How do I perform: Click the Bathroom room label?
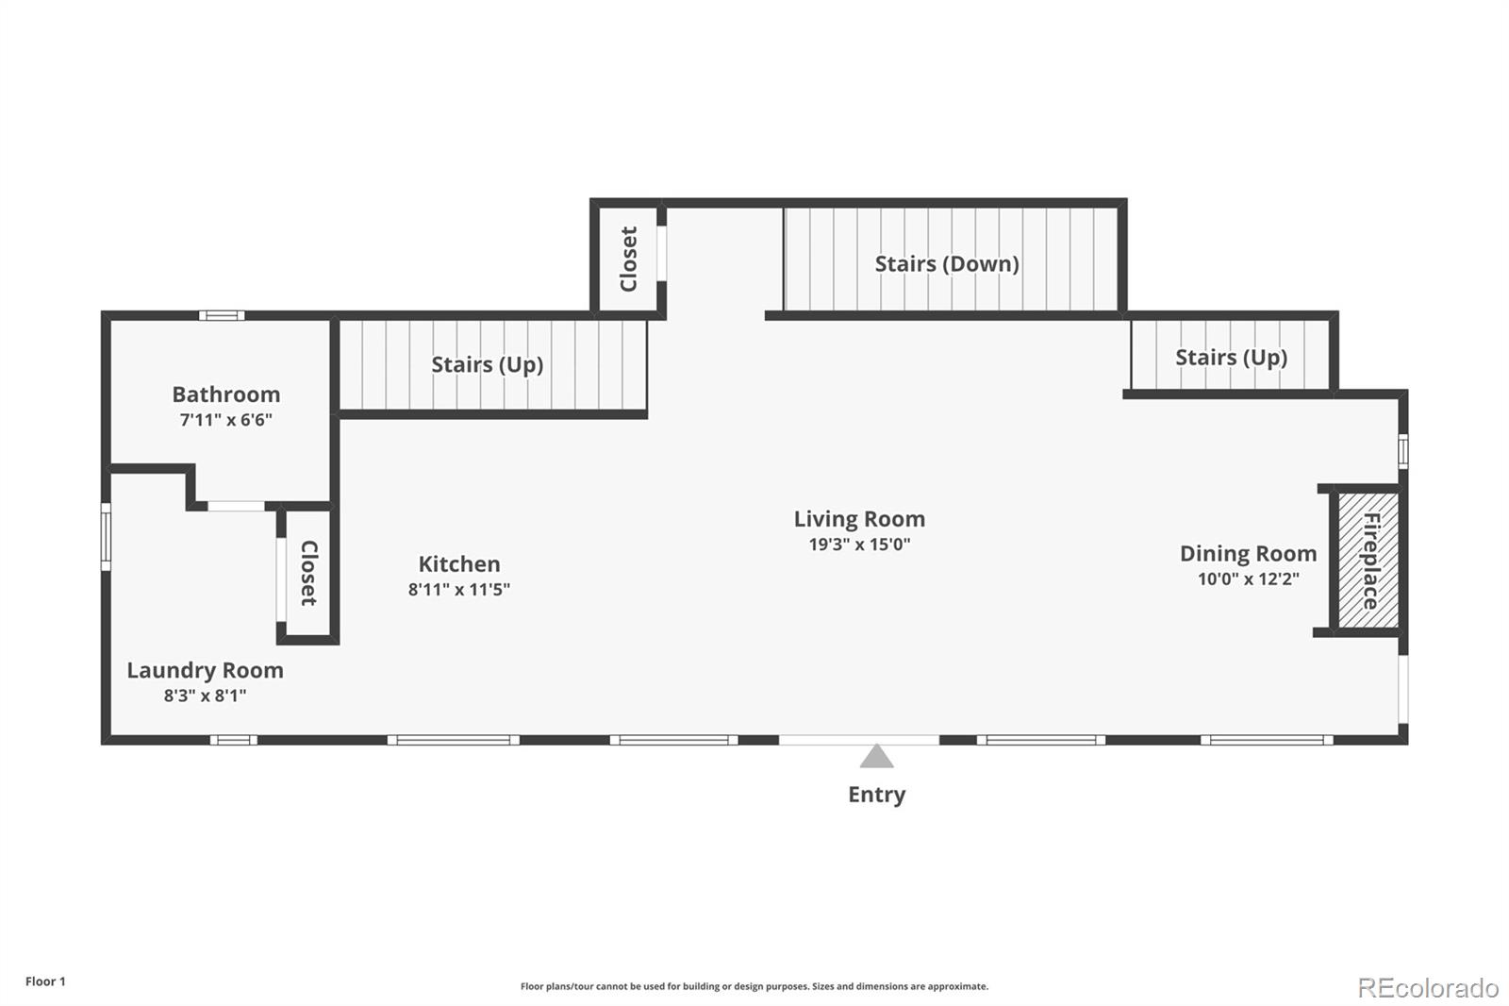coord(225,394)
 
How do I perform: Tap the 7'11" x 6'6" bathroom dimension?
coord(225,419)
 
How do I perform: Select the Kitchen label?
coord(458,563)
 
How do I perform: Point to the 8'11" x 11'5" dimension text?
coord(458,589)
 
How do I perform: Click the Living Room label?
coord(859,518)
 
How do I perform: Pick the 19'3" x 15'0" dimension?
coord(859,545)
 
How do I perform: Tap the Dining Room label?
coord(1248,554)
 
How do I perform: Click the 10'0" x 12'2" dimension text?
coord(1248,578)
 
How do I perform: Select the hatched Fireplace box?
coord(1368,561)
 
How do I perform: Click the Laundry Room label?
coord(205,670)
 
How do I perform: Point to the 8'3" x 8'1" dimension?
coord(205,696)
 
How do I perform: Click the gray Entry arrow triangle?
coord(876,757)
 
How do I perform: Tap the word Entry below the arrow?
coord(876,795)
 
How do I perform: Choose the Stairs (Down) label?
coord(947,263)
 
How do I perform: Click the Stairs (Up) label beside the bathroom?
coord(487,364)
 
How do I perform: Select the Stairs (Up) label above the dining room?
coord(1231,358)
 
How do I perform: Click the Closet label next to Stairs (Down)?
coord(628,259)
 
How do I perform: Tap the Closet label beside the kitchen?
coord(308,573)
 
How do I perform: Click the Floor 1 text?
coord(46,981)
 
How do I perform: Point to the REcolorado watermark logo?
coord(1428,988)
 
